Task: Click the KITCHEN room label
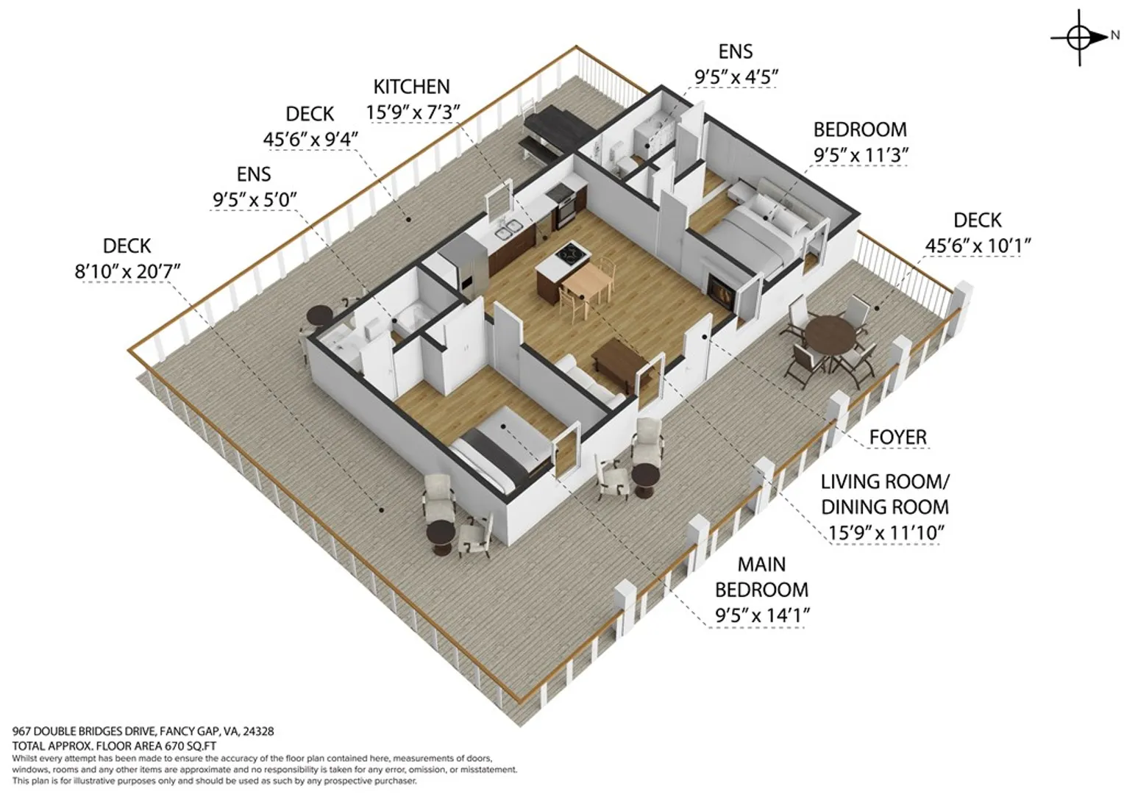(411, 87)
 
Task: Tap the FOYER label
(897, 437)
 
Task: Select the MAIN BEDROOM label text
(761, 577)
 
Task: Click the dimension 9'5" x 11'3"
(861, 155)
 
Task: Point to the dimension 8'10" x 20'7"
(127, 271)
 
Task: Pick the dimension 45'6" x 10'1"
(978, 246)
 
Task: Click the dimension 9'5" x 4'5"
(736, 77)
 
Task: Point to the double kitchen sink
(508, 230)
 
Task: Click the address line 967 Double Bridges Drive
(143, 732)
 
